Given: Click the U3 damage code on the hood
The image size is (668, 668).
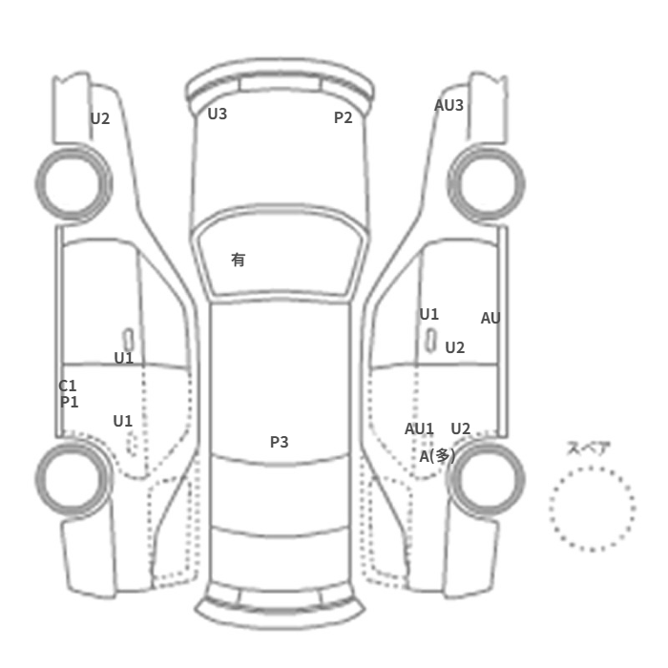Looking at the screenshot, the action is click(x=218, y=114).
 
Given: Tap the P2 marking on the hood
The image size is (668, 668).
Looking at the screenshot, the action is click(x=344, y=117).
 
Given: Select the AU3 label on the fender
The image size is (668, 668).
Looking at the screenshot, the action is click(x=449, y=105).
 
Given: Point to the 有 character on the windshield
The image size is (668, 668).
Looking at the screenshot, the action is click(x=239, y=260).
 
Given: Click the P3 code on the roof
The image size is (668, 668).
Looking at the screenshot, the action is click(x=280, y=442).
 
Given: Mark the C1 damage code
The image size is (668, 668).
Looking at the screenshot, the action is click(x=68, y=386).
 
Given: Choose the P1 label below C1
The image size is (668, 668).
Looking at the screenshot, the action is click(x=69, y=402).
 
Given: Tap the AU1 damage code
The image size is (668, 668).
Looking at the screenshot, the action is click(x=419, y=428).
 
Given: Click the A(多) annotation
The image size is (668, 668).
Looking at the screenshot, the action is click(x=437, y=456).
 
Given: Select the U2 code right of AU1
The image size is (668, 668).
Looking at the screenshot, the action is click(x=461, y=428).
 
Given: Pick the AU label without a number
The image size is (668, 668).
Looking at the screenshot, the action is click(x=491, y=318).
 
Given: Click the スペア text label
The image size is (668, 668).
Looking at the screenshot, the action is click(x=589, y=449).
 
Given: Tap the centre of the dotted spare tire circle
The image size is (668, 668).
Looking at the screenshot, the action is click(x=593, y=509).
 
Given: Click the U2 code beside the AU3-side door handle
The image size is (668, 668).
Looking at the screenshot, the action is click(x=455, y=348).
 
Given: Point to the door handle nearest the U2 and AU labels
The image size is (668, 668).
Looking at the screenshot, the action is click(x=431, y=341).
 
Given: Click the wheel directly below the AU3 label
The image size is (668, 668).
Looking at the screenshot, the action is click(x=487, y=183).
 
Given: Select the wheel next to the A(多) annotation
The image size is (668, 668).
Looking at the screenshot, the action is click(x=487, y=478).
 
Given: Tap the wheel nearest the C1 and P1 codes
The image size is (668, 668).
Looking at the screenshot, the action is click(x=73, y=478).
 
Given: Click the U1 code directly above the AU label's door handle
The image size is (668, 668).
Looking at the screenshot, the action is click(x=429, y=314).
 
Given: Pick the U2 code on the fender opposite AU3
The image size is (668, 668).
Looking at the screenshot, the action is click(x=100, y=118).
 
